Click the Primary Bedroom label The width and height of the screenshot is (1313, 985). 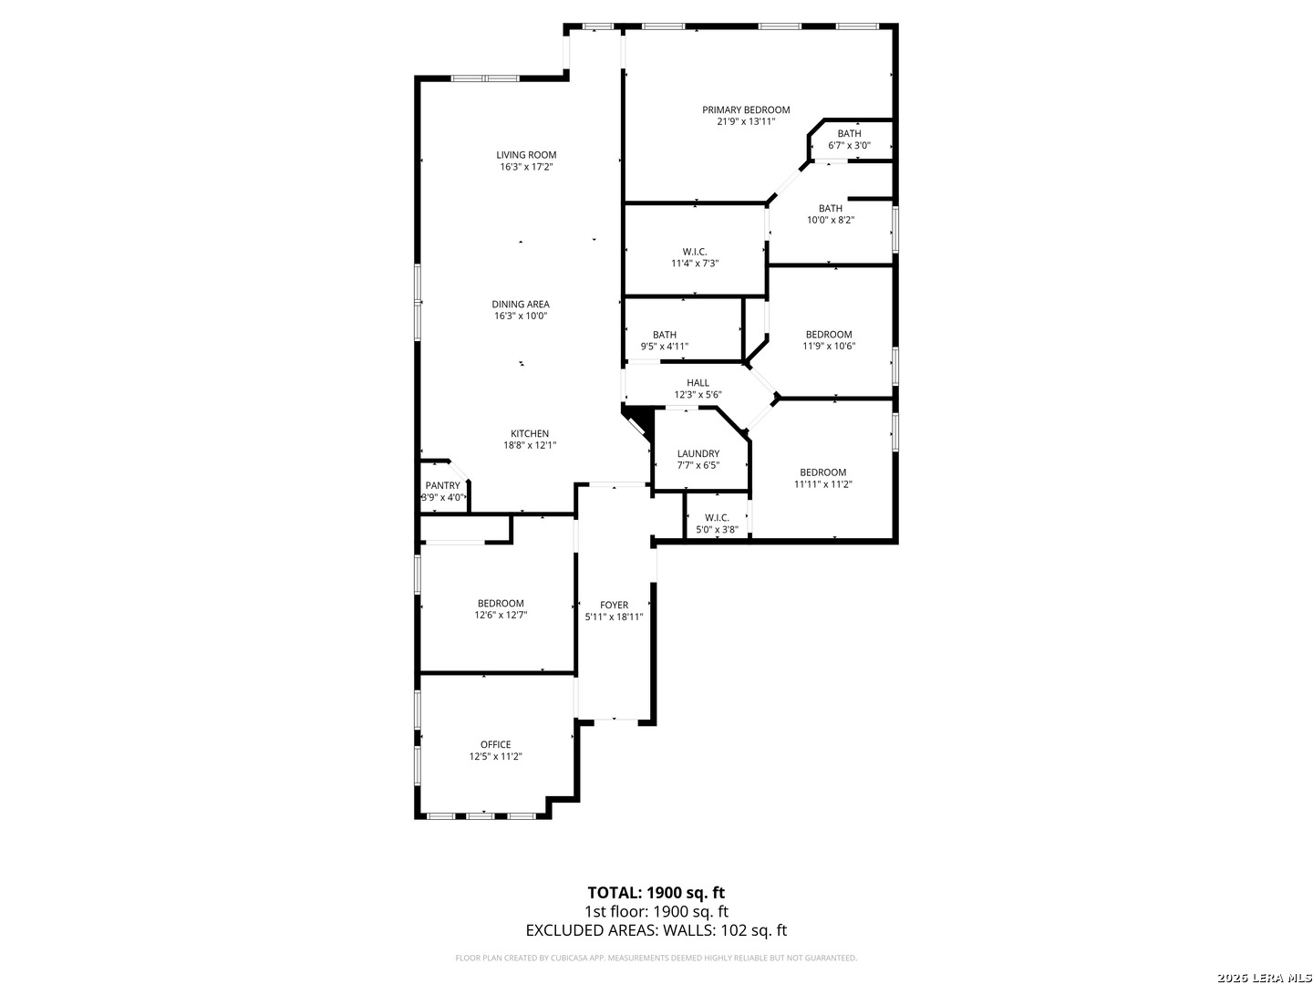click(746, 109)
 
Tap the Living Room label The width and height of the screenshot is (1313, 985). click(526, 155)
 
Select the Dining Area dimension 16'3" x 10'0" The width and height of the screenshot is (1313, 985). click(521, 316)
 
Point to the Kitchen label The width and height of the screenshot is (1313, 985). click(529, 434)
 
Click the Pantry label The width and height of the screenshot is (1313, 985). click(442, 486)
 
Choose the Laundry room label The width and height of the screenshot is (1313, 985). click(698, 454)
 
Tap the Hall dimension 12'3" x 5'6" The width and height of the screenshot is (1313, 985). click(698, 395)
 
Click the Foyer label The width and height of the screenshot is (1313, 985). click(614, 605)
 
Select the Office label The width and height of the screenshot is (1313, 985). click(496, 744)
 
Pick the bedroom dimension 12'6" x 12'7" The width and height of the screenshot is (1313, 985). click(501, 616)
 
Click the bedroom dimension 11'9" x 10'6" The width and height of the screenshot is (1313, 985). click(828, 347)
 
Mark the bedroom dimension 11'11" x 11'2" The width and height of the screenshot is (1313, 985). click(822, 485)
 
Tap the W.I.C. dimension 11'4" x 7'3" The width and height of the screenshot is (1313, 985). click(695, 264)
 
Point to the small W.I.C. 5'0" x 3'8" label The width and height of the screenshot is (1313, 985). click(717, 518)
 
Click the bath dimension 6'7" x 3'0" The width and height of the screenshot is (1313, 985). click(849, 145)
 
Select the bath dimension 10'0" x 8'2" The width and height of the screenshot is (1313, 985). click(830, 220)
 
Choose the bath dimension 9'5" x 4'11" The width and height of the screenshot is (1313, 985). click(664, 347)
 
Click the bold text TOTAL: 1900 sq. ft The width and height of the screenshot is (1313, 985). click(656, 892)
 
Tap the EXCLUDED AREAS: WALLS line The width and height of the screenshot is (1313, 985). click(656, 930)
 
